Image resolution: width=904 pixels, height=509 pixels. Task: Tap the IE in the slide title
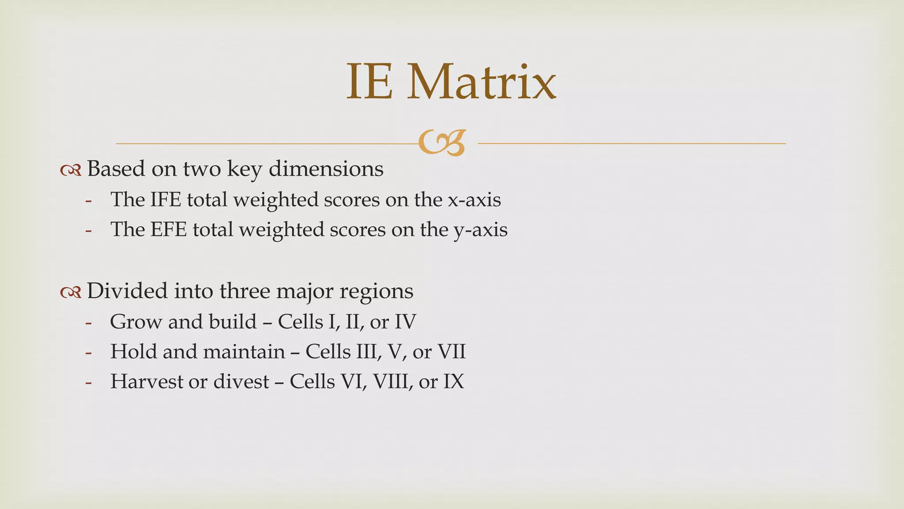(369, 82)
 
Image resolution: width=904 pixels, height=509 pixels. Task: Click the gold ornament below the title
(442, 143)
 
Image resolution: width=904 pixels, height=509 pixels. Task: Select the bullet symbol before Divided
(71, 292)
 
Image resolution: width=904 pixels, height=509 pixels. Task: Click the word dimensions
(326, 169)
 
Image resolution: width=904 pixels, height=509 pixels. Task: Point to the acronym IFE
(166, 200)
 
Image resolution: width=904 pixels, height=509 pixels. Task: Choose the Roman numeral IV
(405, 322)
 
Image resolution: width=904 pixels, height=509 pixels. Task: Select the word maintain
(244, 352)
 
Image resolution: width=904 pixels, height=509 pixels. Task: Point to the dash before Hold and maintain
(89, 353)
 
